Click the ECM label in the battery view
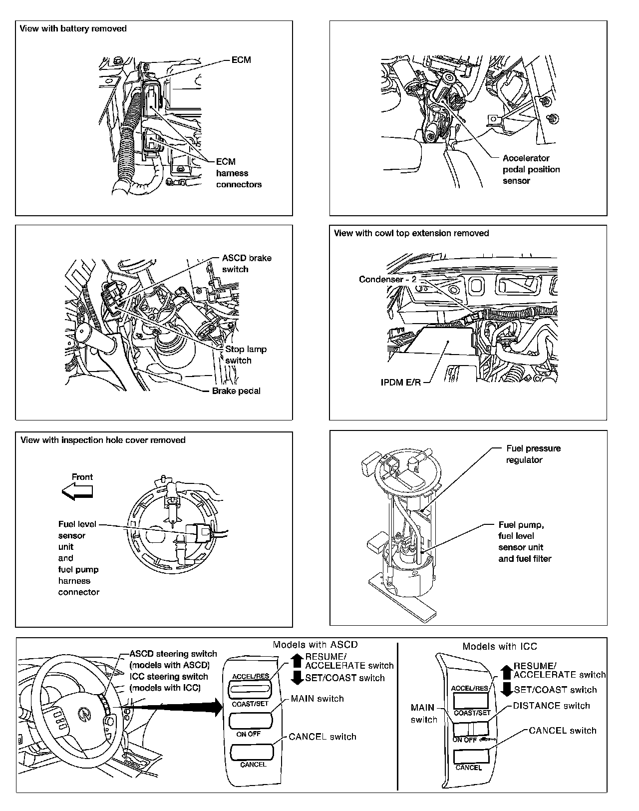[241, 60]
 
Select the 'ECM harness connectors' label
[238, 173]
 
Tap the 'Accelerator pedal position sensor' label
[531, 169]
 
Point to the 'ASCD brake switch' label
[247, 264]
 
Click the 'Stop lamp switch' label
[246, 355]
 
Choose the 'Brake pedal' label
[236, 391]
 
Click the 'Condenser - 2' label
[387, 279]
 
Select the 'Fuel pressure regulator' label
[533, 454]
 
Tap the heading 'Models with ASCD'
[315, 645]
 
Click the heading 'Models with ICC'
[499, 647]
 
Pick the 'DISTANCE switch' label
[551, 706]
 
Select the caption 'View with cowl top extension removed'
[411, 233]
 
